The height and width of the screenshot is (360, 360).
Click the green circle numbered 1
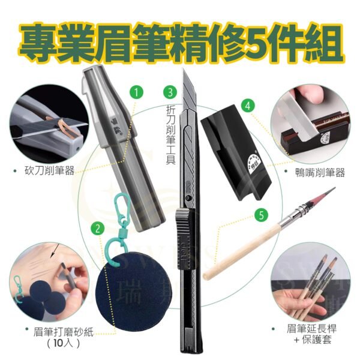[137, 92]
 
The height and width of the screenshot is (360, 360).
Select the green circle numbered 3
[171, 92]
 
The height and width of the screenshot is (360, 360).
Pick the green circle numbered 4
[246, 104]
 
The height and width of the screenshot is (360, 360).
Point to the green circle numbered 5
[260, 214]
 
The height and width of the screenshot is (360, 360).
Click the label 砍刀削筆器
[51, 170]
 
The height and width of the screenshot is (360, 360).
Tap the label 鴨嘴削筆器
[321, 172]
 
